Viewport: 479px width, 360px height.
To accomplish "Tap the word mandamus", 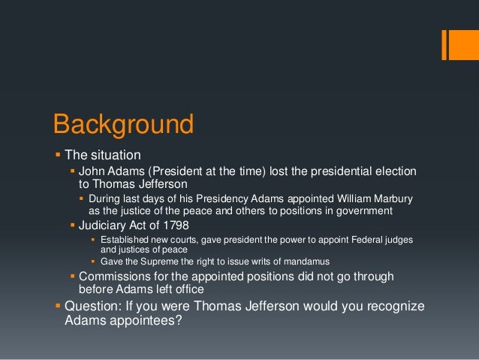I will pyautogui.click(x=305, y=261).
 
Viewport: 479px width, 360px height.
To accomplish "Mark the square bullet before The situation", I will pyautogui.click(x=57, y=156).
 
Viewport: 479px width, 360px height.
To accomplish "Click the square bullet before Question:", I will pyautogui.click(x=57, y=307).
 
